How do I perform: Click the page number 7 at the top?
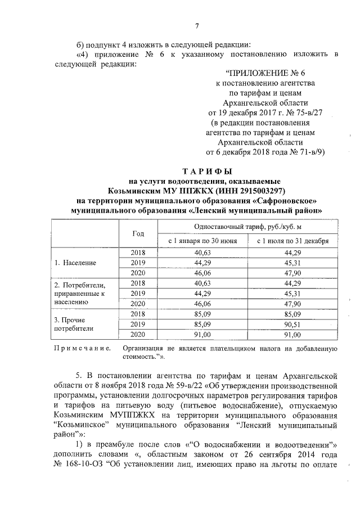[x=196, y=26]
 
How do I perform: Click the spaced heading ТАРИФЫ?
[x=201, y=171]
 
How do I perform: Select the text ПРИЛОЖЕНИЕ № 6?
[x=264, y=73]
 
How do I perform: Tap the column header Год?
[x=138, y=233]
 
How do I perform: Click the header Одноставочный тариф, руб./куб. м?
[x=244, y=226]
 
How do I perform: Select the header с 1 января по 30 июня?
[x=202, y=241]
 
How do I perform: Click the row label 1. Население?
[x=75, y=263]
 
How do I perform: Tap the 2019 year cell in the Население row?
[x=138, y=263]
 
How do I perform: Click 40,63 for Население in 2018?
[x=202, y=253]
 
